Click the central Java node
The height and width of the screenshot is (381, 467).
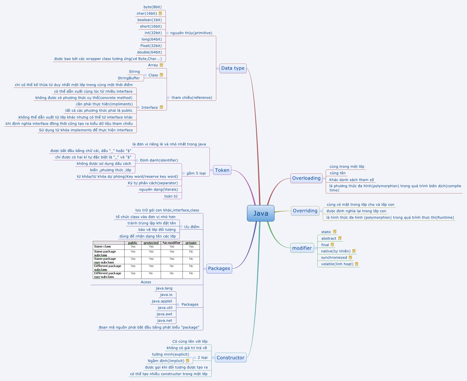click(260, 213)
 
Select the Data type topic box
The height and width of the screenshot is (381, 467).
click(233, 68)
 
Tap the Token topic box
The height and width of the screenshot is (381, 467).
click(222, 170)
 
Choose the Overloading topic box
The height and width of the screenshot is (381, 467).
click(306, 178)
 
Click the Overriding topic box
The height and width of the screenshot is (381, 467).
click(305, 211)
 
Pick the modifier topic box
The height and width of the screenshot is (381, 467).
click(302, 248)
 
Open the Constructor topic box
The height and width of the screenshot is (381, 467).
click(231, 358)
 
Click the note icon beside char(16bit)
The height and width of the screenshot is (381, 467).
click(160, 13)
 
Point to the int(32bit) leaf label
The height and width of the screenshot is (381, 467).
click(153, 33)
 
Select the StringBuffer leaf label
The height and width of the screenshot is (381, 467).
click(129, 78)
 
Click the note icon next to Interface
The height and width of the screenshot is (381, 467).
click(161, 107)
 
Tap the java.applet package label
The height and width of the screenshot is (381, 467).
click(162, 301)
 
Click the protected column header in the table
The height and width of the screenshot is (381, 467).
click(151, 243)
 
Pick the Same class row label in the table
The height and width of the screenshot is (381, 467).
click(102, 247)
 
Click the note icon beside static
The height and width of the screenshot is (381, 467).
click(335, 232)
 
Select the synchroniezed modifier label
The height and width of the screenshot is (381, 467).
click(334, 258)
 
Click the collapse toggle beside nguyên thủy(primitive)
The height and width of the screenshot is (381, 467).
click(167, 33)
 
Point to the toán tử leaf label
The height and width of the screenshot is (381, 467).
click(171, 196)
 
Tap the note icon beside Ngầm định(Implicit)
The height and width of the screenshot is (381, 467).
click(188, 361)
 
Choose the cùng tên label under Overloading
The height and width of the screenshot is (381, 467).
click(338, 173)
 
